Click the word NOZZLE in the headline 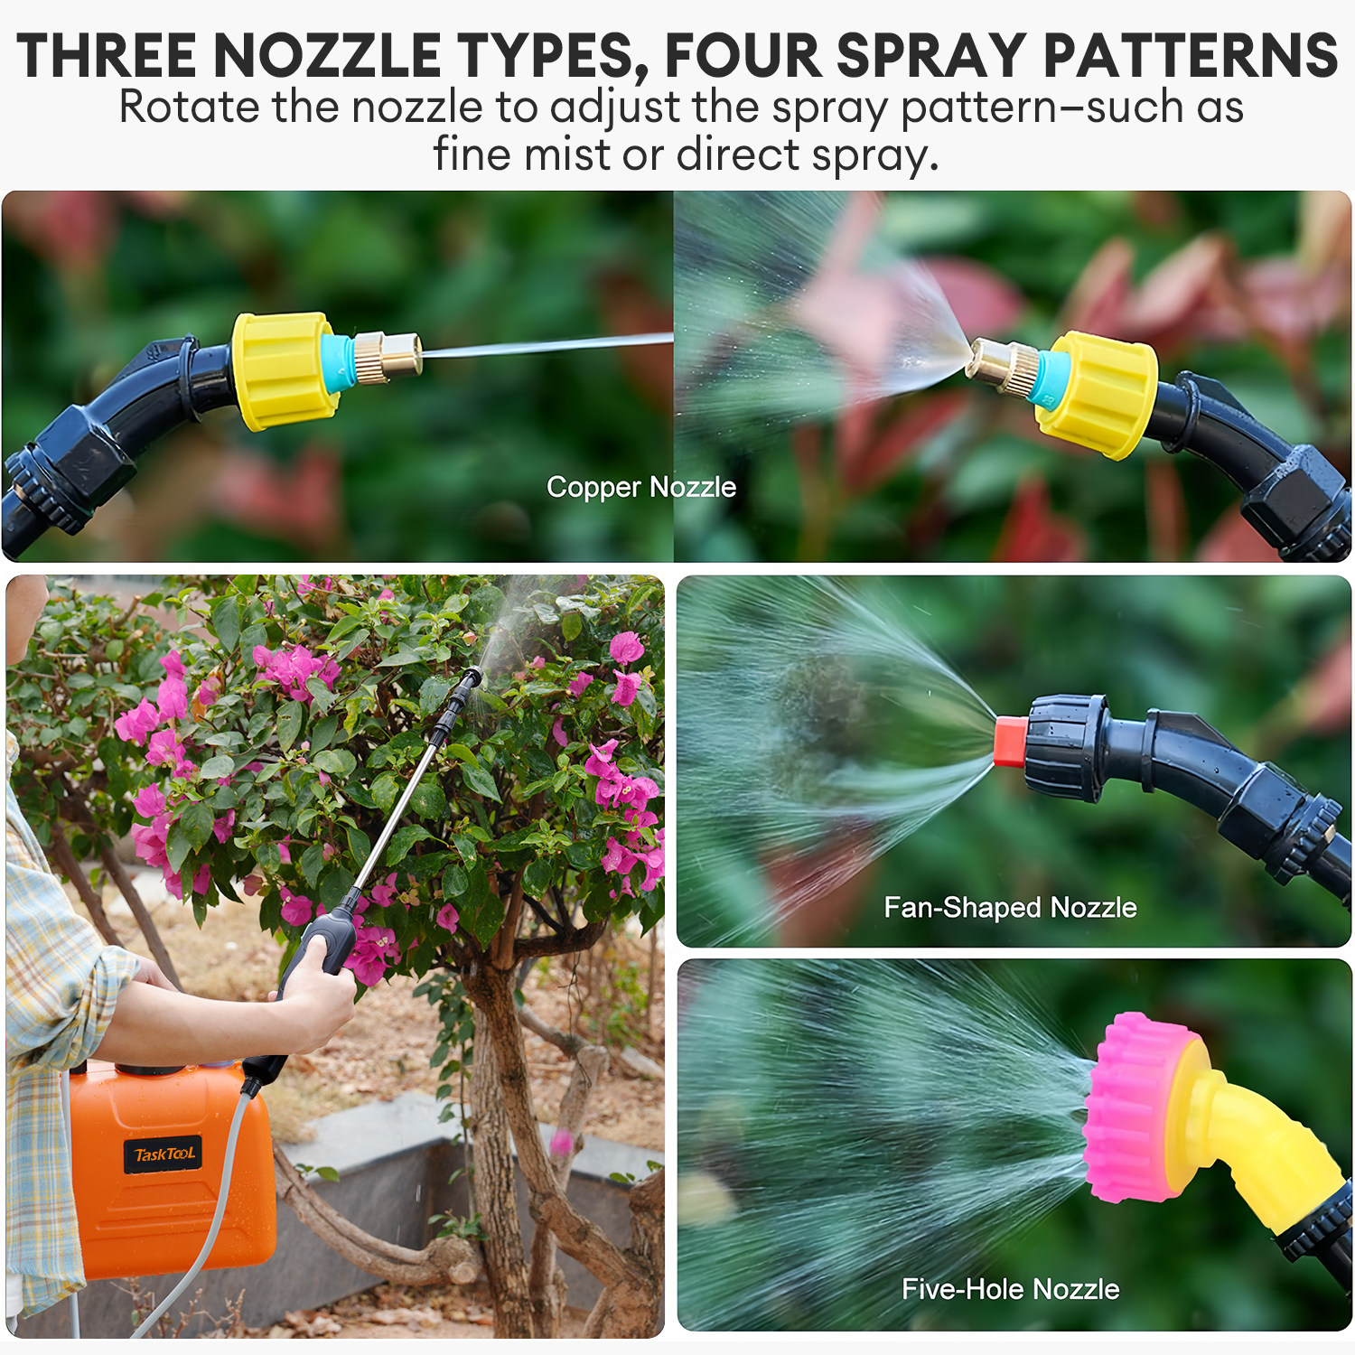click(x=327, y=56)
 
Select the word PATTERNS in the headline click(x=1190, y=56)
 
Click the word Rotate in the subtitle click(x=189, y=107)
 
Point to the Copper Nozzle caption click(x=641, y=487)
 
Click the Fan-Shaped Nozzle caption click(x=1010, y=907)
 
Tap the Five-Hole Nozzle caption click(x=1010, y=1289)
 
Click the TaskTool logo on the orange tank click(x=164, y=1154)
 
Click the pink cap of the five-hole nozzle click(x=1133, y=1107)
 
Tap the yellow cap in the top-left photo click(x=284, y=370)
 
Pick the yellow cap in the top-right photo click(x=1099, y=395)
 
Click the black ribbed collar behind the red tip click(x=1067, y=747)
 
